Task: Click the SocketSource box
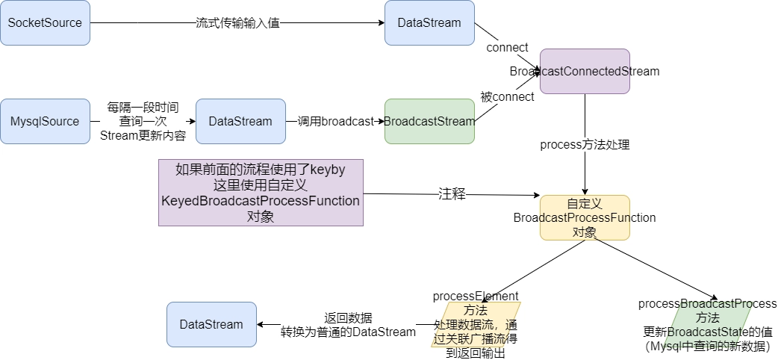pos(45,23)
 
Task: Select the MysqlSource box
pos(45,121)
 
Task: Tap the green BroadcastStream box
pos(429,121)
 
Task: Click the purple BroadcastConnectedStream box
pos(585,72)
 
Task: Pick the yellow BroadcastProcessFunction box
pos(585,217)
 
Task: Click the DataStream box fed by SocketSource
pos(429,23)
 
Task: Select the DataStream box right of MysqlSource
pos(240,121)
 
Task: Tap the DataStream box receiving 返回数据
pos(212,324)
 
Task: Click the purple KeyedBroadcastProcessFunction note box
pos(261,193)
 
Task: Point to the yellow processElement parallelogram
pos(476,324)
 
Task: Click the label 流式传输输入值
pos(237,23)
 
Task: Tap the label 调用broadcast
pos(335,121)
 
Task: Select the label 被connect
pos(508,97)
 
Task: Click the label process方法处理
pos(585,145)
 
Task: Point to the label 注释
pos(452,193)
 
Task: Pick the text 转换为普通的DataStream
pos(349,332)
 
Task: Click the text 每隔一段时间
pos(143,107)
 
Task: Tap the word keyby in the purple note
pos(328,170)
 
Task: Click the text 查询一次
pos(143,121)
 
